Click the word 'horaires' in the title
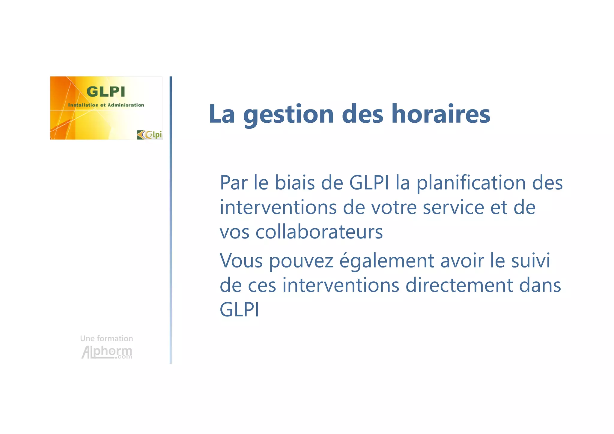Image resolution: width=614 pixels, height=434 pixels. point(441,114)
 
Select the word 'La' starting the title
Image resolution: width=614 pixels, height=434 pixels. point(222,114)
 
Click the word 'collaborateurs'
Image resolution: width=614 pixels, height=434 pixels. point(319,232)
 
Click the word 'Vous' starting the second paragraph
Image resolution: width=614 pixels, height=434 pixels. point(241,260)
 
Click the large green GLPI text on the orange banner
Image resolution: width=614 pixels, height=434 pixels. point(106,92)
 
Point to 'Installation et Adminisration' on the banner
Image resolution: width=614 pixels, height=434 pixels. point(106,105)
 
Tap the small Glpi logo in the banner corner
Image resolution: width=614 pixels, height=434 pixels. point(150,135)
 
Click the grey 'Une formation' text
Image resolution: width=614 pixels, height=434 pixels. point(106,339)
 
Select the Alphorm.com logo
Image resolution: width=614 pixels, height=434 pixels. point(107,352)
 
